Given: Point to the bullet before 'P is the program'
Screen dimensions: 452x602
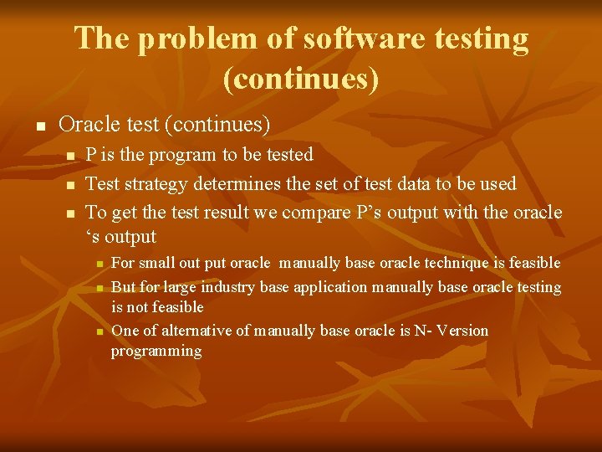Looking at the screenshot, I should point(70,156).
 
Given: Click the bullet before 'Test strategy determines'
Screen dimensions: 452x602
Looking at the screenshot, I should point(70,184).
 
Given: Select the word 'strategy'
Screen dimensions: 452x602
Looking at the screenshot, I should point(158,183).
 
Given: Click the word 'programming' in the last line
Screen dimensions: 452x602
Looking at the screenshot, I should point(156,352).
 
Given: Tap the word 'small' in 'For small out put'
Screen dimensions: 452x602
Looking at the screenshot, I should point(158,263).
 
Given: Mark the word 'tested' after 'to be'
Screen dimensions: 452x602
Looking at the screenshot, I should point(287,155).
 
